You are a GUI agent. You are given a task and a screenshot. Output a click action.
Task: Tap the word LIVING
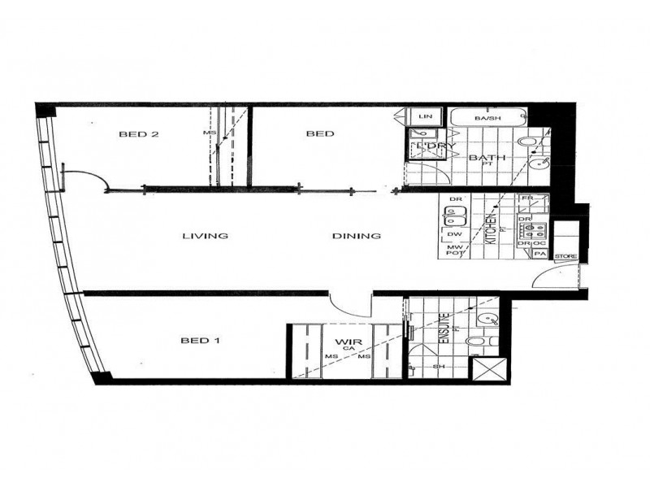(204, 237)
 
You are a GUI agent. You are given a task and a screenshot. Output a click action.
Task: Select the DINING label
(357, 237)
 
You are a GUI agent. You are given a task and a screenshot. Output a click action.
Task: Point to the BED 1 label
(200, 341)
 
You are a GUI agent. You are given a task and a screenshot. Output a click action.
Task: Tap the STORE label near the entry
(565, 257)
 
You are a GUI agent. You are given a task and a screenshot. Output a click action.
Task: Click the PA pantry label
(539, 254)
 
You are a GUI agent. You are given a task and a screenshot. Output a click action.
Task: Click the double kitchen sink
(453, 217)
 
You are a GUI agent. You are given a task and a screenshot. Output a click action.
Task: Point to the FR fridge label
(526, 198)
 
